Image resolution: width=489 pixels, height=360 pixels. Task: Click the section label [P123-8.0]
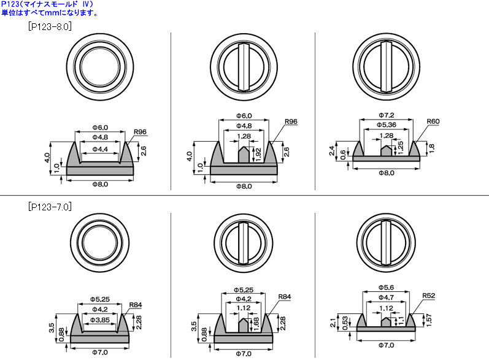pos(50,26)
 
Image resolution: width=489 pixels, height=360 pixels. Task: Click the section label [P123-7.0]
pos(50,207)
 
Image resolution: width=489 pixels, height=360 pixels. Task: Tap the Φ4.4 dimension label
pos(100,149)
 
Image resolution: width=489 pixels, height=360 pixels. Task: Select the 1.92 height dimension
pos(258,155)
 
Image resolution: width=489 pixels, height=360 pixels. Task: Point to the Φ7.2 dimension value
pos(387,115)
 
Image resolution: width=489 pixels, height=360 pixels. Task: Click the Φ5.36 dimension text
pos(387,124)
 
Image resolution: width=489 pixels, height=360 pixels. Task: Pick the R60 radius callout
pos(433,121)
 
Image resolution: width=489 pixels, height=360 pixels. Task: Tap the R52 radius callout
pos(428,296)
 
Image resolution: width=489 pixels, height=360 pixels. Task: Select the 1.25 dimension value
pos(401,147)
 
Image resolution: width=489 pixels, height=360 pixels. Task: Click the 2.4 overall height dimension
pos(332,150)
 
